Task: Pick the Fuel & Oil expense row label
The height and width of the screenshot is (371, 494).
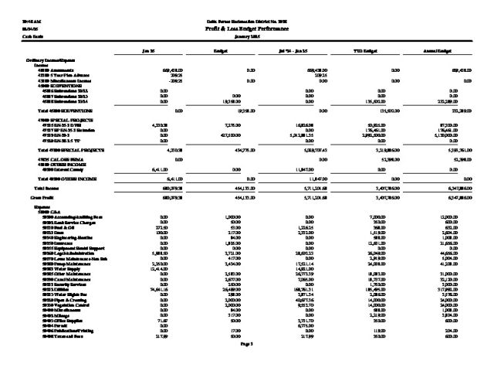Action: tap(58, 229)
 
